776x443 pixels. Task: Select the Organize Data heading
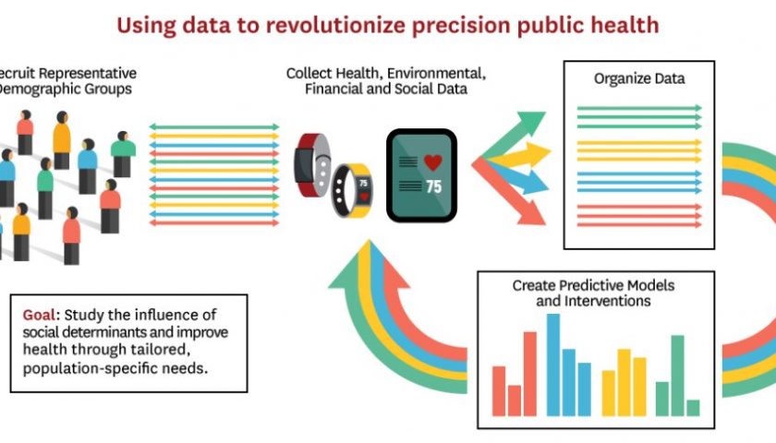click(639, 79)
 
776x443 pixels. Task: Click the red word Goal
click(39, 315)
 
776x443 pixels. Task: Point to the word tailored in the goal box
click(159, 349)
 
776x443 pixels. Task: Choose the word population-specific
click(91, 369)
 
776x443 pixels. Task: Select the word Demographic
click(65, 90)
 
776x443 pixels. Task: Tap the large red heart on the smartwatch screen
click(433, 162)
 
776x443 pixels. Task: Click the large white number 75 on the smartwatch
click(433, 186)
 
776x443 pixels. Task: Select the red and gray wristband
click(313, 165)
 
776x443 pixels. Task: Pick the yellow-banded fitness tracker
click(352, 190)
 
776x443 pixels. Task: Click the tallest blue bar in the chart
click(553, 365)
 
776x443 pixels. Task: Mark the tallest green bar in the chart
click(677, 376)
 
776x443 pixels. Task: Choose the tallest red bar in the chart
click(530, 374)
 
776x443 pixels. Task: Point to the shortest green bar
click(694, 408)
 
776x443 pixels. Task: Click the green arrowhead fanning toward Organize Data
click(531, 123)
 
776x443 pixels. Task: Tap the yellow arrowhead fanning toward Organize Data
click(538, 154)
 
